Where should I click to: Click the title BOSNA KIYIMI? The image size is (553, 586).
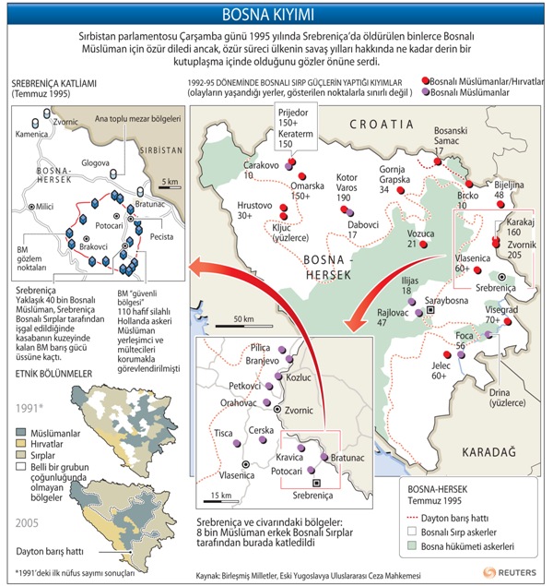click(x=276, y=14)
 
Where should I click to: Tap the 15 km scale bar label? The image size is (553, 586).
click(x=221, y=496)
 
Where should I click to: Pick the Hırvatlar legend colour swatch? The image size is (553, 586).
click(x=21, y=443)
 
